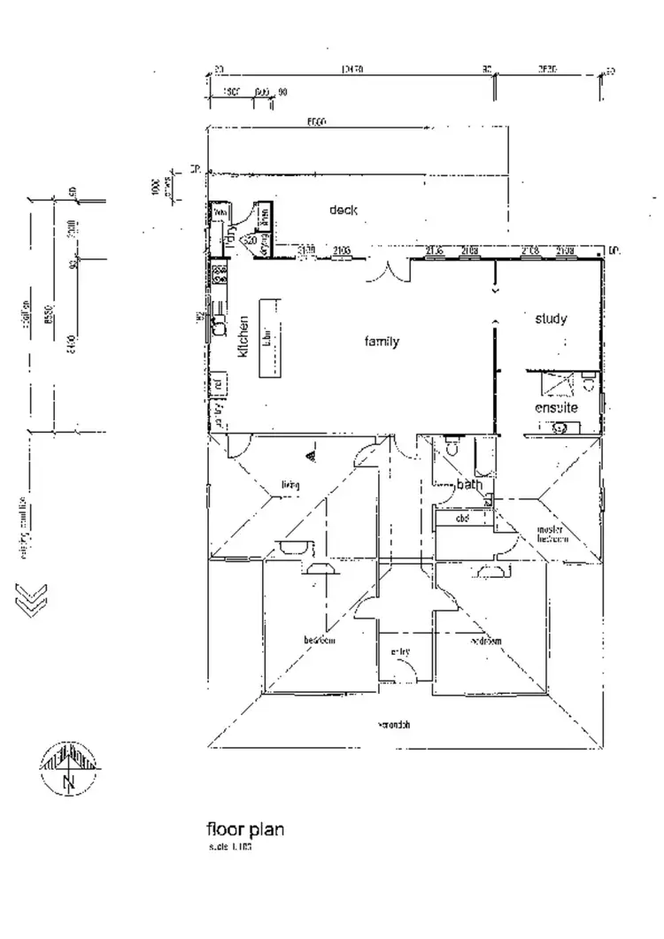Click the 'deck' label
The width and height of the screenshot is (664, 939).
coord(343,210)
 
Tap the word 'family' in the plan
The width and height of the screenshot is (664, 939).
coord(382,342)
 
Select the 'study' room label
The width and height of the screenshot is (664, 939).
coord(551,319)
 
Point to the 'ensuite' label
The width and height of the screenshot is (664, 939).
coord(556,408)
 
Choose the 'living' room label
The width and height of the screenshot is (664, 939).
coord(290,485)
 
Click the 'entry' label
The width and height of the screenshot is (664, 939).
coord(400,652)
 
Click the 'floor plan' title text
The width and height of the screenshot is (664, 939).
coord(245,830)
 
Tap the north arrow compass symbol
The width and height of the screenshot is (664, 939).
coord(69,766)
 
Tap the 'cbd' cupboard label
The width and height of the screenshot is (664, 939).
coord(460,518)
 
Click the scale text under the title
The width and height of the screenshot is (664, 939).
coord(230,847)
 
